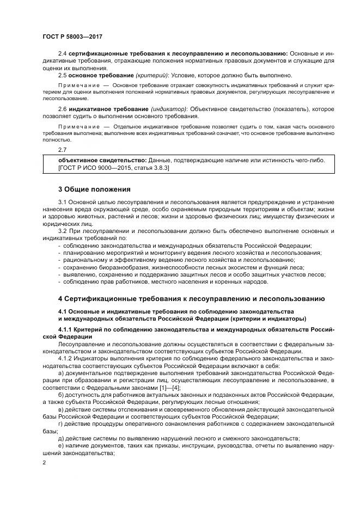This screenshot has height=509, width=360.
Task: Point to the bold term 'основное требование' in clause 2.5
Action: pyautogui.click(x=93, y=75)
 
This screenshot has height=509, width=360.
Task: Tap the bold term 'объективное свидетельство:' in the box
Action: pyautogui.click(x=102, y=160)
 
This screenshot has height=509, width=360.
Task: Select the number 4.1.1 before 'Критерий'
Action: pyautogui.click(x=65, y=330)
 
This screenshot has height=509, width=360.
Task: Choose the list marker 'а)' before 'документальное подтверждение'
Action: pyautogui.click(x=60, y=373)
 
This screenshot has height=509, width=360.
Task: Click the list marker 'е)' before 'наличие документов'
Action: pyautogui.click(x=60, y=445)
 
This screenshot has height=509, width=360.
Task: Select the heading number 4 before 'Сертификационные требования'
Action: pyautogui.click(x=60, y=299)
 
